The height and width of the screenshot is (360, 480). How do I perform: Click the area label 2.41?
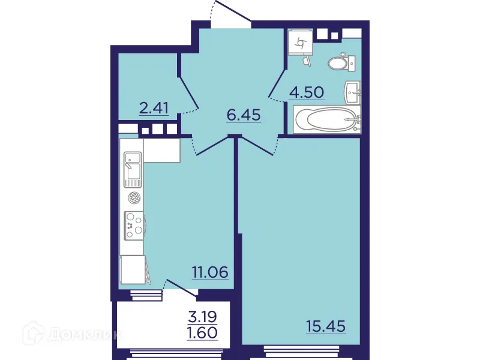(154, 109)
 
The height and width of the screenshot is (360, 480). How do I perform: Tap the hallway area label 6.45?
(244, 115)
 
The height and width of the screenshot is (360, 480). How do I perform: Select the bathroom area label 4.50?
(307, 92)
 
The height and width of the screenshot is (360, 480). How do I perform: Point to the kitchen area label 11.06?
(210, 272)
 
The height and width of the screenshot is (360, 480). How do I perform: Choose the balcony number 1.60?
(202, 332)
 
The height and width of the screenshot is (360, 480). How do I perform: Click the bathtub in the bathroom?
(327, 119)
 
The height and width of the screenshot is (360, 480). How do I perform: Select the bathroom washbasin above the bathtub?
(353, 92)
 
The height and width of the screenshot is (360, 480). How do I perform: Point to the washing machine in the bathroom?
(299, 42)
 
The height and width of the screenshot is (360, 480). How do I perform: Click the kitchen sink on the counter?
(133, 169)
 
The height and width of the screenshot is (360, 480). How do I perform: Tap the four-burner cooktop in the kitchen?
(133, 226)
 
